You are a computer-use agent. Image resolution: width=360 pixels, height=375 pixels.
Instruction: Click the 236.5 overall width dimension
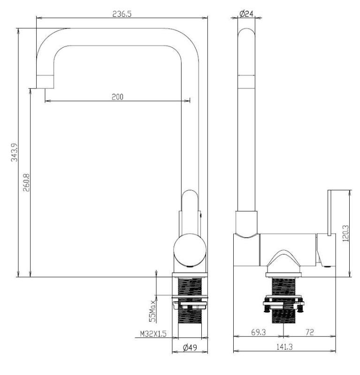(122, 14)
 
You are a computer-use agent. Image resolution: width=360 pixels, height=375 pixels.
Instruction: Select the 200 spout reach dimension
(117, 97)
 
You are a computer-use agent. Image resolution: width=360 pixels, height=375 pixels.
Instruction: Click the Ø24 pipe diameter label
(247, 14)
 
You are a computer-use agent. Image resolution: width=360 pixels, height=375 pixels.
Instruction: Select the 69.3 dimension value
(259, 332)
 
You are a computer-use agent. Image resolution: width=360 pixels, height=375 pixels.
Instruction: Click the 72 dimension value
(309, 332)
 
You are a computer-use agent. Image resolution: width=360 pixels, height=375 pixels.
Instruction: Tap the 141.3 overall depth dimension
(284, 347)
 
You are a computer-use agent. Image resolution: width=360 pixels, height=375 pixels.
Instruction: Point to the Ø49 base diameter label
(190, 348)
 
